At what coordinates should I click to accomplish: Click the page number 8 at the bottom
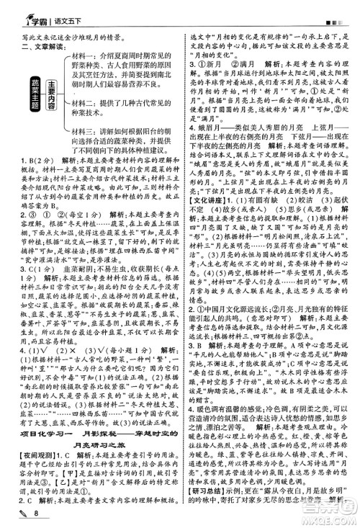click(33, 513)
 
